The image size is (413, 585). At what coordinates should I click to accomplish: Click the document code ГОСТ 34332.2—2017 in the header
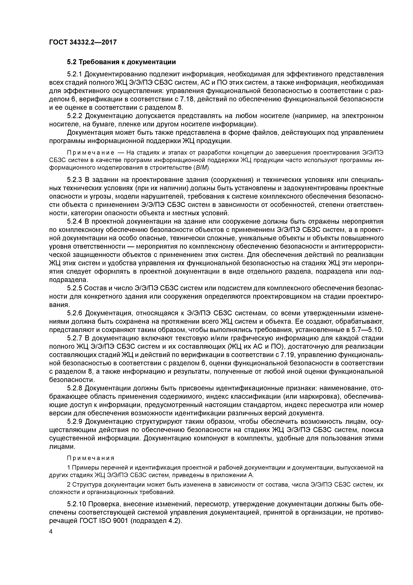[x=83, y=42]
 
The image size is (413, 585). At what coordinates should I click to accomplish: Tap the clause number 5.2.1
[x=74, y=74]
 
